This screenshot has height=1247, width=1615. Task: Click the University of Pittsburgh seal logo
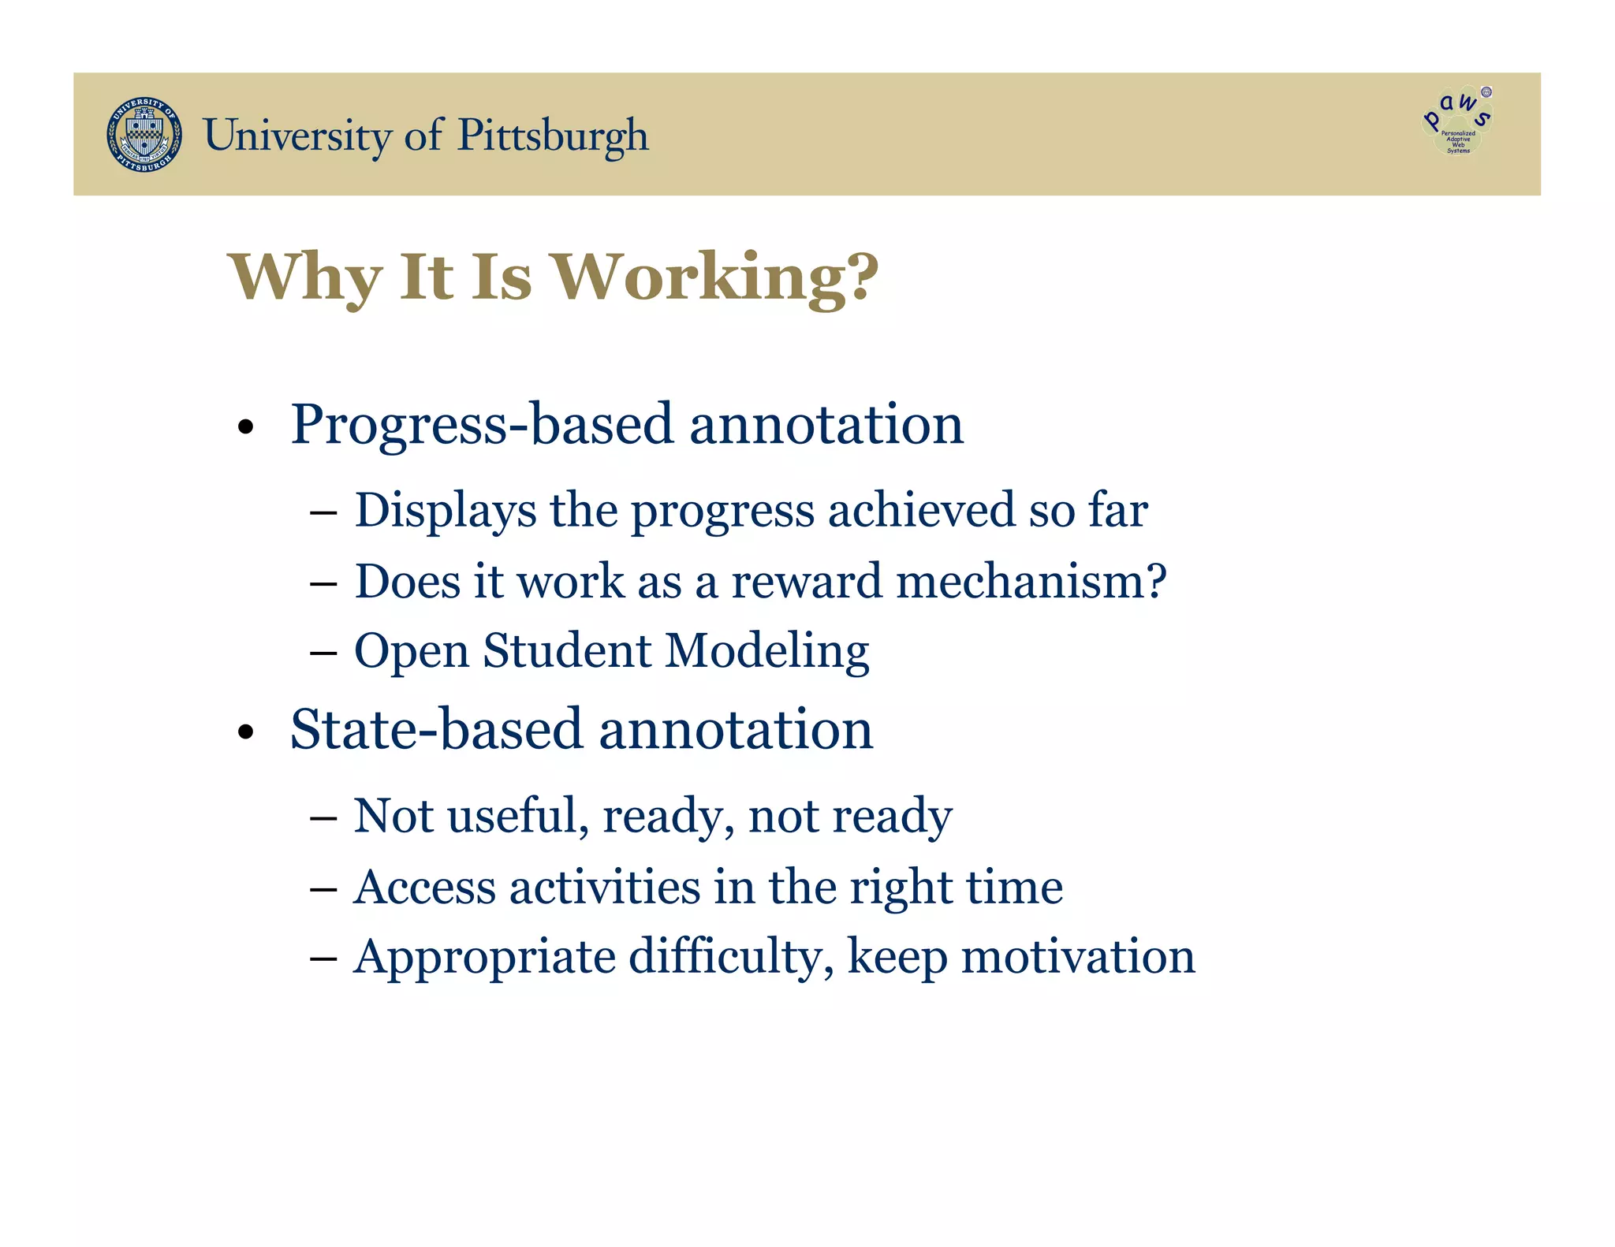click(x=144, y=135)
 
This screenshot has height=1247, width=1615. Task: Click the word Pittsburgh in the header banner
click(x=553, y=136)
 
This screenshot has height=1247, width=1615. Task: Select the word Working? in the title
click(x=714, y=277)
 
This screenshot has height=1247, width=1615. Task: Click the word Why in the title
click(x=305, y=277)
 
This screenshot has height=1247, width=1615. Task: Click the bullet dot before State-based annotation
click(x=246, y=732)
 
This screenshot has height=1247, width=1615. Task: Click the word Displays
click(x=446, y=511)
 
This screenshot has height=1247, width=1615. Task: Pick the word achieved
click(x=920, y=511)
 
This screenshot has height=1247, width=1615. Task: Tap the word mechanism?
click(x=1031, y=582)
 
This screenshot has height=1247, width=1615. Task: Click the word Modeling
click(x=766, y=653)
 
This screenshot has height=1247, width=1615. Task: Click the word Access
click(x=424, y=888)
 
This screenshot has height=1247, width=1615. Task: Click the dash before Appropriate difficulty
click(x=323, y=959)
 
